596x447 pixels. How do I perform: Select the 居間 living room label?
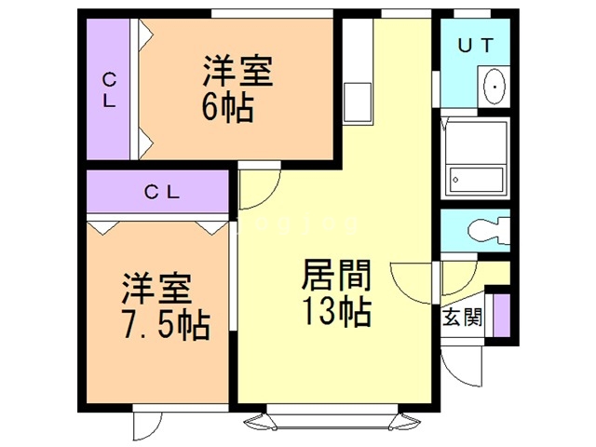click(336, 277)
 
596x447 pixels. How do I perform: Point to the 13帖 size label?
click(336, 311)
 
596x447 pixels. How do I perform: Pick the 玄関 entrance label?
click(463, 317)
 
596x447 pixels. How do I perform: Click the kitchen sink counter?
click(357, 98)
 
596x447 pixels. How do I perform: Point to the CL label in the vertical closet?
click(109, 90)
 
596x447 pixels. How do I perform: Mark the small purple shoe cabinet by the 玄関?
click(503, 314)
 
